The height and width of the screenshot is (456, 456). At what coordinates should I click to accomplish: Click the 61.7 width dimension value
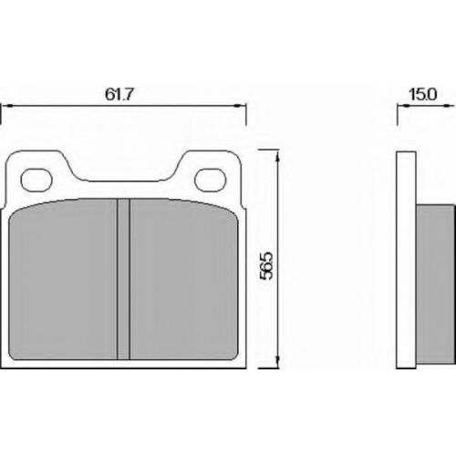pos(119,95)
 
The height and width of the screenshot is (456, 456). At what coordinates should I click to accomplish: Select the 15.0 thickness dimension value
pos(423,95)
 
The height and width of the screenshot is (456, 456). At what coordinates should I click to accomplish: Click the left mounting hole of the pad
pos(36,180)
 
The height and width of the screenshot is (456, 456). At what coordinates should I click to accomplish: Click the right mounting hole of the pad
pos(211,180)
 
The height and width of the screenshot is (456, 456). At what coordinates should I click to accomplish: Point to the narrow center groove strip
pos(123,279)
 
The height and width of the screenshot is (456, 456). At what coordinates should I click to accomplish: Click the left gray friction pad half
pos(63,280)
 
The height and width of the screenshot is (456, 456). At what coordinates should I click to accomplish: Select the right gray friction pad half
pos(184,280)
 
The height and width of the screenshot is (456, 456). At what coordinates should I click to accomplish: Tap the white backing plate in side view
pos(407,260)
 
